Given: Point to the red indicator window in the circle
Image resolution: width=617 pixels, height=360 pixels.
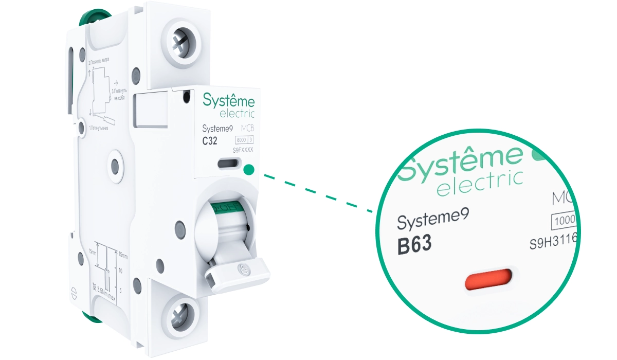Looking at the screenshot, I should [x=488, y=280].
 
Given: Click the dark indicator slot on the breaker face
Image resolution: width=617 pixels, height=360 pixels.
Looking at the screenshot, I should [x=228, y=164].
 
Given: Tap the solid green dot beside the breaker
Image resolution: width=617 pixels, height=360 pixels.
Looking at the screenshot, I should [x=250, y=169].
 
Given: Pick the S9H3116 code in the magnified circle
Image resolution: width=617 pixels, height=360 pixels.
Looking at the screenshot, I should [x=554, y=242].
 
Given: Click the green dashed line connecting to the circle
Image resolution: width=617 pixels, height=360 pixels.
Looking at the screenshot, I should [x=319, y=193].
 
